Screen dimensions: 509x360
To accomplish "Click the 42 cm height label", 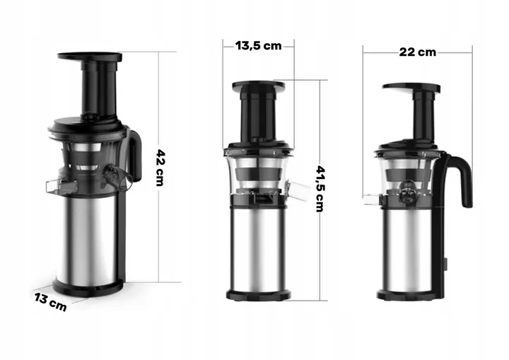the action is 160,168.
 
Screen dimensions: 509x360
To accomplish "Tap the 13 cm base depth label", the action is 51,302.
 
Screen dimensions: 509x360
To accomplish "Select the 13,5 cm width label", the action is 259,46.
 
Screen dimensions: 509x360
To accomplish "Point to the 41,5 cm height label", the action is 320,188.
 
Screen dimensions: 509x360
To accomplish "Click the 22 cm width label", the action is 418,52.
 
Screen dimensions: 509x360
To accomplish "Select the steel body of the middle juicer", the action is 259,248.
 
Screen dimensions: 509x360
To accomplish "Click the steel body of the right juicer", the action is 406,250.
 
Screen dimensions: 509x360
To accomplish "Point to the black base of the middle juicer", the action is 259,295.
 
